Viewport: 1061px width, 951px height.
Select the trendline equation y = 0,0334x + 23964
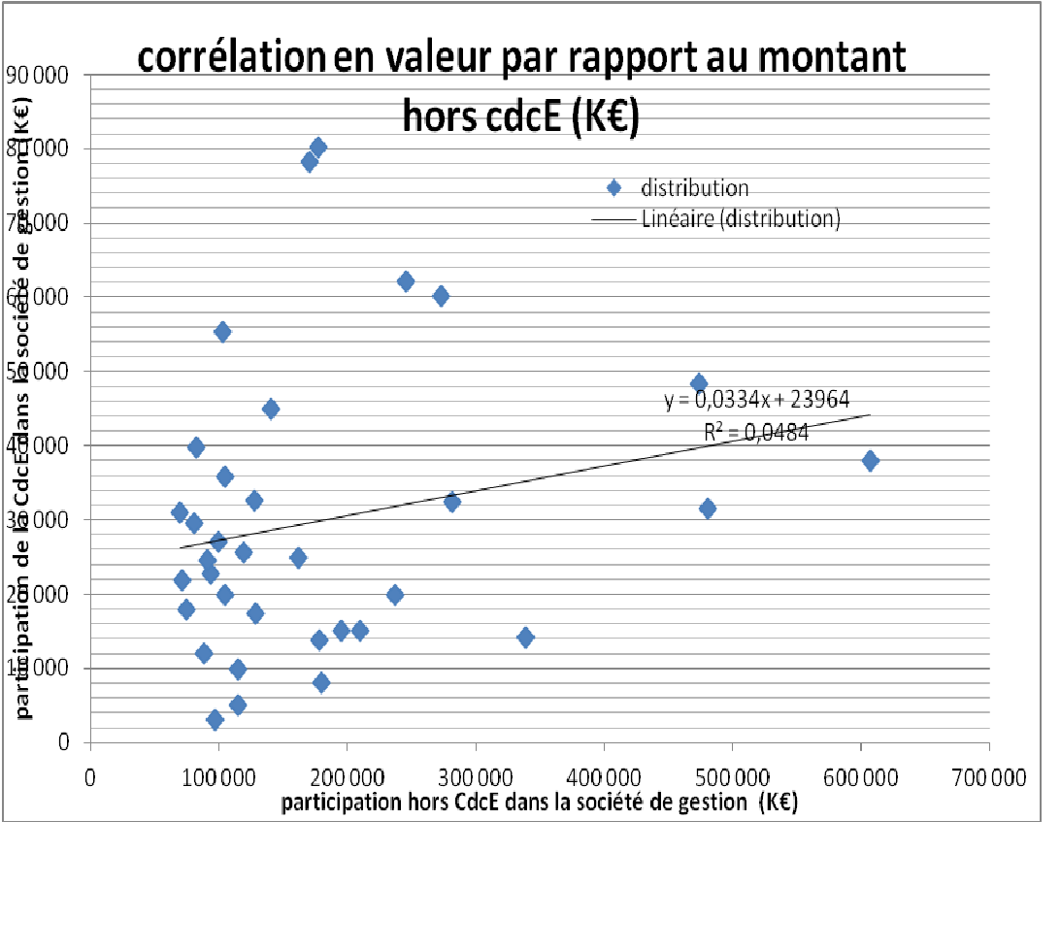tap(757, 400)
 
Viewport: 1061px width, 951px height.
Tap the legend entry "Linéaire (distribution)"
tap(740, 219)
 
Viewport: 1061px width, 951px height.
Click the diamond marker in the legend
tap(613, 189)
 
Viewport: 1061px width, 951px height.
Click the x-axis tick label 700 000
tap(988, 777)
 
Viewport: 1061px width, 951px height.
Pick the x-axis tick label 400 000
tap(604, 777)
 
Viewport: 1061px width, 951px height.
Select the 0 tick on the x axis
tap(90, 777)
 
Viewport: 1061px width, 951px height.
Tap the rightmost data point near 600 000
tap(870, 461)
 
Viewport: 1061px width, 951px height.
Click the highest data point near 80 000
tap(317, 148)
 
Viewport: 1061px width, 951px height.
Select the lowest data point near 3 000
tap(215, 719)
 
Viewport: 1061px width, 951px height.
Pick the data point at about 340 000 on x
tap(525, 638)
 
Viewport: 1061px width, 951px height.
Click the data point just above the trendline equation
tap(698, 383)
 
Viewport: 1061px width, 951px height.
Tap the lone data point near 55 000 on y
tap(222, 332)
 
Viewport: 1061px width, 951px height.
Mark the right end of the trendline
tap(870, 414)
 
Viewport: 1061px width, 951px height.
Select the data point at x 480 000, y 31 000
tap(708, 508)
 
